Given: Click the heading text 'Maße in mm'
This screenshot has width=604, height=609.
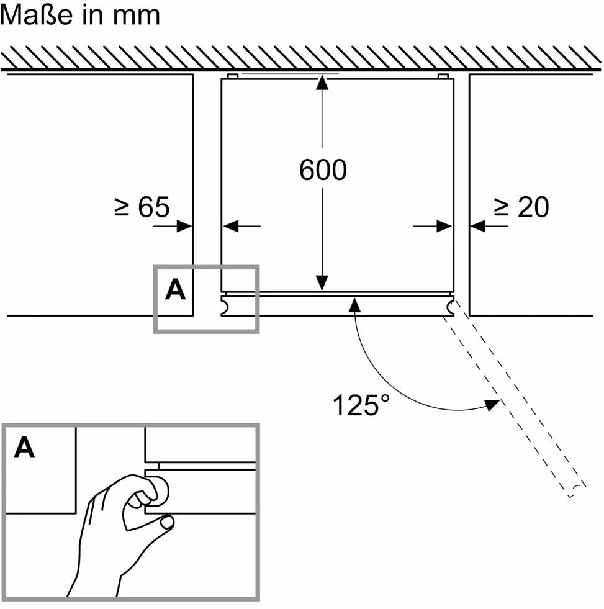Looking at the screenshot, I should pyautogui.click(x=80, y=15).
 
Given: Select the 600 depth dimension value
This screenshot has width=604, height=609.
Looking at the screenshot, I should pyautogui.click(x=322, y=169).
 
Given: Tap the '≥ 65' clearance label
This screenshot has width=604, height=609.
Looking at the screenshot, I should pyautogui.click(x=142, y=207).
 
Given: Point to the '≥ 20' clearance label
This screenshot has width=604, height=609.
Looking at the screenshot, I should pyautogui.click(x=521, y=207).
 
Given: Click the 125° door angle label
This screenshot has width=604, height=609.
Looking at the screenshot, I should pyautogui.click(x=363, y=405).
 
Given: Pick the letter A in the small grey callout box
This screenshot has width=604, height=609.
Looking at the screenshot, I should pyautogui.click(x=175, y=290).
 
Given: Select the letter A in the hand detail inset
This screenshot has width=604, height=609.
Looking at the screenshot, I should pyautogui.click(x=24, y=447).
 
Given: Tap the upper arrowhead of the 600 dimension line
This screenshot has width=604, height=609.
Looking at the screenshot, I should pyautogui.click(x=322, y=83).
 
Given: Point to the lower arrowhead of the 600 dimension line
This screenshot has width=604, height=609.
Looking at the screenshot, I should pyautogui.click(x=322, y=283).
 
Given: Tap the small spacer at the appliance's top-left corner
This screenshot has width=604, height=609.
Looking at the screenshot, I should pyautogui.click(x=232, y=76).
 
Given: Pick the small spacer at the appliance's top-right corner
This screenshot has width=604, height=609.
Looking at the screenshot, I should pyautogui.click(x=443, y=76).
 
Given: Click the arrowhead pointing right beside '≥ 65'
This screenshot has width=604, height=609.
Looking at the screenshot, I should pyautogui.click(x=184, y=227).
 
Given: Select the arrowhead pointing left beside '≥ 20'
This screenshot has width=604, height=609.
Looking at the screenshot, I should pyautogui.click(x=478, y=227).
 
